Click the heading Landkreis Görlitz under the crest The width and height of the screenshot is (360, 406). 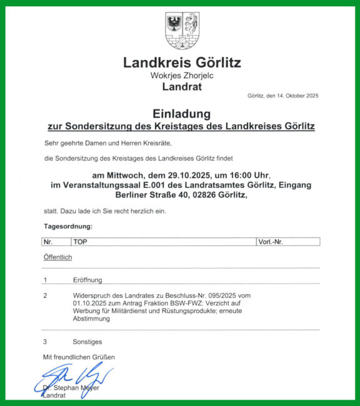[182, 62]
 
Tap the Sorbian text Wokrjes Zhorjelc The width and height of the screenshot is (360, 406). [182, 76]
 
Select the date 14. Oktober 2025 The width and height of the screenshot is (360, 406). [298, 96]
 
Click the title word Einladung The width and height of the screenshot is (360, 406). [181, 114]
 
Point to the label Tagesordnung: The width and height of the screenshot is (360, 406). [68, 225]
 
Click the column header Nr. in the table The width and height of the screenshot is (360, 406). [47, 241]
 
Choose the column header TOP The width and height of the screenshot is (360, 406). [80, 241]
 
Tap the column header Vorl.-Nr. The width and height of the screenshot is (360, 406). [270, 241]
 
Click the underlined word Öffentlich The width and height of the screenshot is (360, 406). [57, 257]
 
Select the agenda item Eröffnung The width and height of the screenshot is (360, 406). [87, 280]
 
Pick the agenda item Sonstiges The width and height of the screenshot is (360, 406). [87, 342]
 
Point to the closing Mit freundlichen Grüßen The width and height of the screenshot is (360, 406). [78, 357]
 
